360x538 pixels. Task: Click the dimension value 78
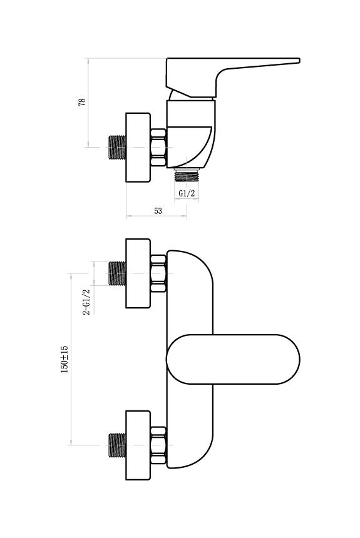(82, 102)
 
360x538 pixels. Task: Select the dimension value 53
(158, 211)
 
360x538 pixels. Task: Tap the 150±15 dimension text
(64, 359)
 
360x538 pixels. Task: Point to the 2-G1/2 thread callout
(86, 302)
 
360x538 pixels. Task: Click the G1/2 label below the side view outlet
(187, 193)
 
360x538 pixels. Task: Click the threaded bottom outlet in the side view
(187, 175)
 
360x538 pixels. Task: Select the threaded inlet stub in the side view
(118, 148)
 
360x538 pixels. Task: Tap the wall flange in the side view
(138, 147)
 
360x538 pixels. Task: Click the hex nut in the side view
(158, 148)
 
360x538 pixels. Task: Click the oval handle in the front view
(233, 359)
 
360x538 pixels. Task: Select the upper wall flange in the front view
(138, 273)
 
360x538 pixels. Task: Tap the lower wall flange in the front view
(138, 445)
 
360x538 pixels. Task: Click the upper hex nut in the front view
(158, 273)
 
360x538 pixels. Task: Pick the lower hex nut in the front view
(158, 445)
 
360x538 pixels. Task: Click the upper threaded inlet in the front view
(118, 273)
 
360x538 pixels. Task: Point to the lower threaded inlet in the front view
(118, 445)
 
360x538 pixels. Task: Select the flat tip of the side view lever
(299, 61)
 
